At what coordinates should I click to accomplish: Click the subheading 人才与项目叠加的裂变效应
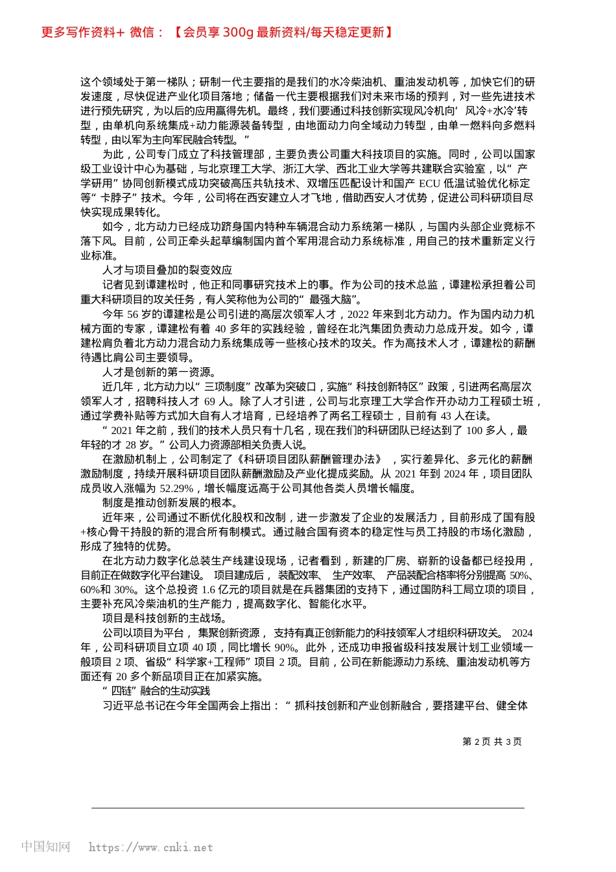pyautogui.click(x=167, y=271)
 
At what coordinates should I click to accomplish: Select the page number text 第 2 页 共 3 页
pyautogui.click(x=492, y=742)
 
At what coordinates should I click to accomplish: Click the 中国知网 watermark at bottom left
pyautogui.click(x=46, y=847)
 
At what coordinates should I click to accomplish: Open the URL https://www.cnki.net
pyautogui.click(x=150, y=847)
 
